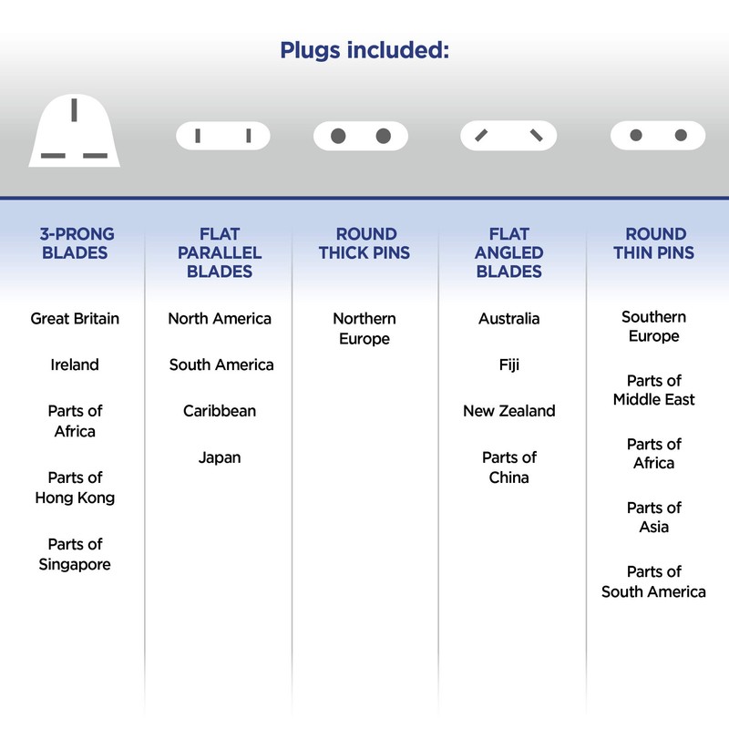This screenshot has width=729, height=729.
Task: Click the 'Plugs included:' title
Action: coord(364,49)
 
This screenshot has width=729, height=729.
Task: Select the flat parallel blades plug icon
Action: coord(222,136)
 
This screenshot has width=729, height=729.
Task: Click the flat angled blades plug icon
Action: coord(508,136)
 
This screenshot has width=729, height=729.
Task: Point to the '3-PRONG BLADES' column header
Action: coord(75,242)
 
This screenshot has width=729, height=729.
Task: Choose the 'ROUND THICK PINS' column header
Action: coord(364,242)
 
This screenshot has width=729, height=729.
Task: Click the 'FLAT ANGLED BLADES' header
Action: coord(508,252)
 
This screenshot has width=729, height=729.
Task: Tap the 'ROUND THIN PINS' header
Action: coord(654,242)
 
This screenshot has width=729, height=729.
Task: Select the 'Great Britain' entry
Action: coord(75,319)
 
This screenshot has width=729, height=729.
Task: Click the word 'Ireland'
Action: coord(75,364)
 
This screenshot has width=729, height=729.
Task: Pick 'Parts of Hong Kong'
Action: coord(75,488)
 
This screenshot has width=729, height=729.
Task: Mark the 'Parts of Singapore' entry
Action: coord(75,554)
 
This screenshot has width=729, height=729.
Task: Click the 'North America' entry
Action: coord(220,319)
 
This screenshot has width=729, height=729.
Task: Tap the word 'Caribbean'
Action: coord(220,411)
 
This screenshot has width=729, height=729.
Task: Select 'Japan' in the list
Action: coord(220,457)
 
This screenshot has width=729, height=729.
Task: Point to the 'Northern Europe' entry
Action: coord(364,329)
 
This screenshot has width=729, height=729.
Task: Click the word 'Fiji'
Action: coord(508,364)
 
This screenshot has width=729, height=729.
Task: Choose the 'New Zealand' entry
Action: coord(508,411)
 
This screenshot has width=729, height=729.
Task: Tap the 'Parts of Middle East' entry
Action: coord(654,390)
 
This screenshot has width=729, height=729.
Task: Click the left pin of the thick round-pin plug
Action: coord(338,136)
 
